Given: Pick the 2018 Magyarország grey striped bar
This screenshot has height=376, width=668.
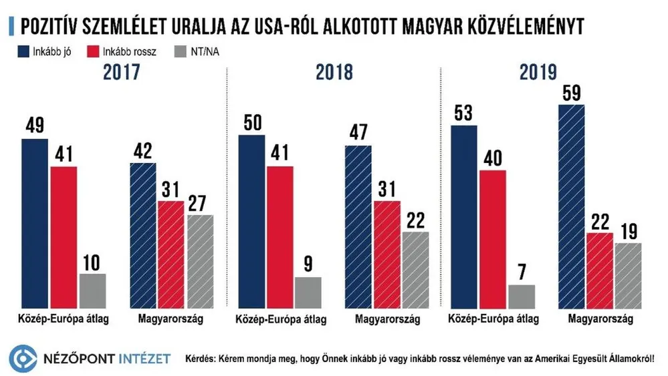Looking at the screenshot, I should click(x=416, y=270).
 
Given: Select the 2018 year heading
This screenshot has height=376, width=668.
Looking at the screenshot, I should click(x=334, y=73).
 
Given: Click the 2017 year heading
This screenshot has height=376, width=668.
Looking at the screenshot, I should click(x=121, y=73).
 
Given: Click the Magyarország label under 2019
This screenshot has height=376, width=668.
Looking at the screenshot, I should click(x=600, y=320).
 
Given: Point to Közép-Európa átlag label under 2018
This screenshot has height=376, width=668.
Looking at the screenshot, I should click(x=281, y=320).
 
